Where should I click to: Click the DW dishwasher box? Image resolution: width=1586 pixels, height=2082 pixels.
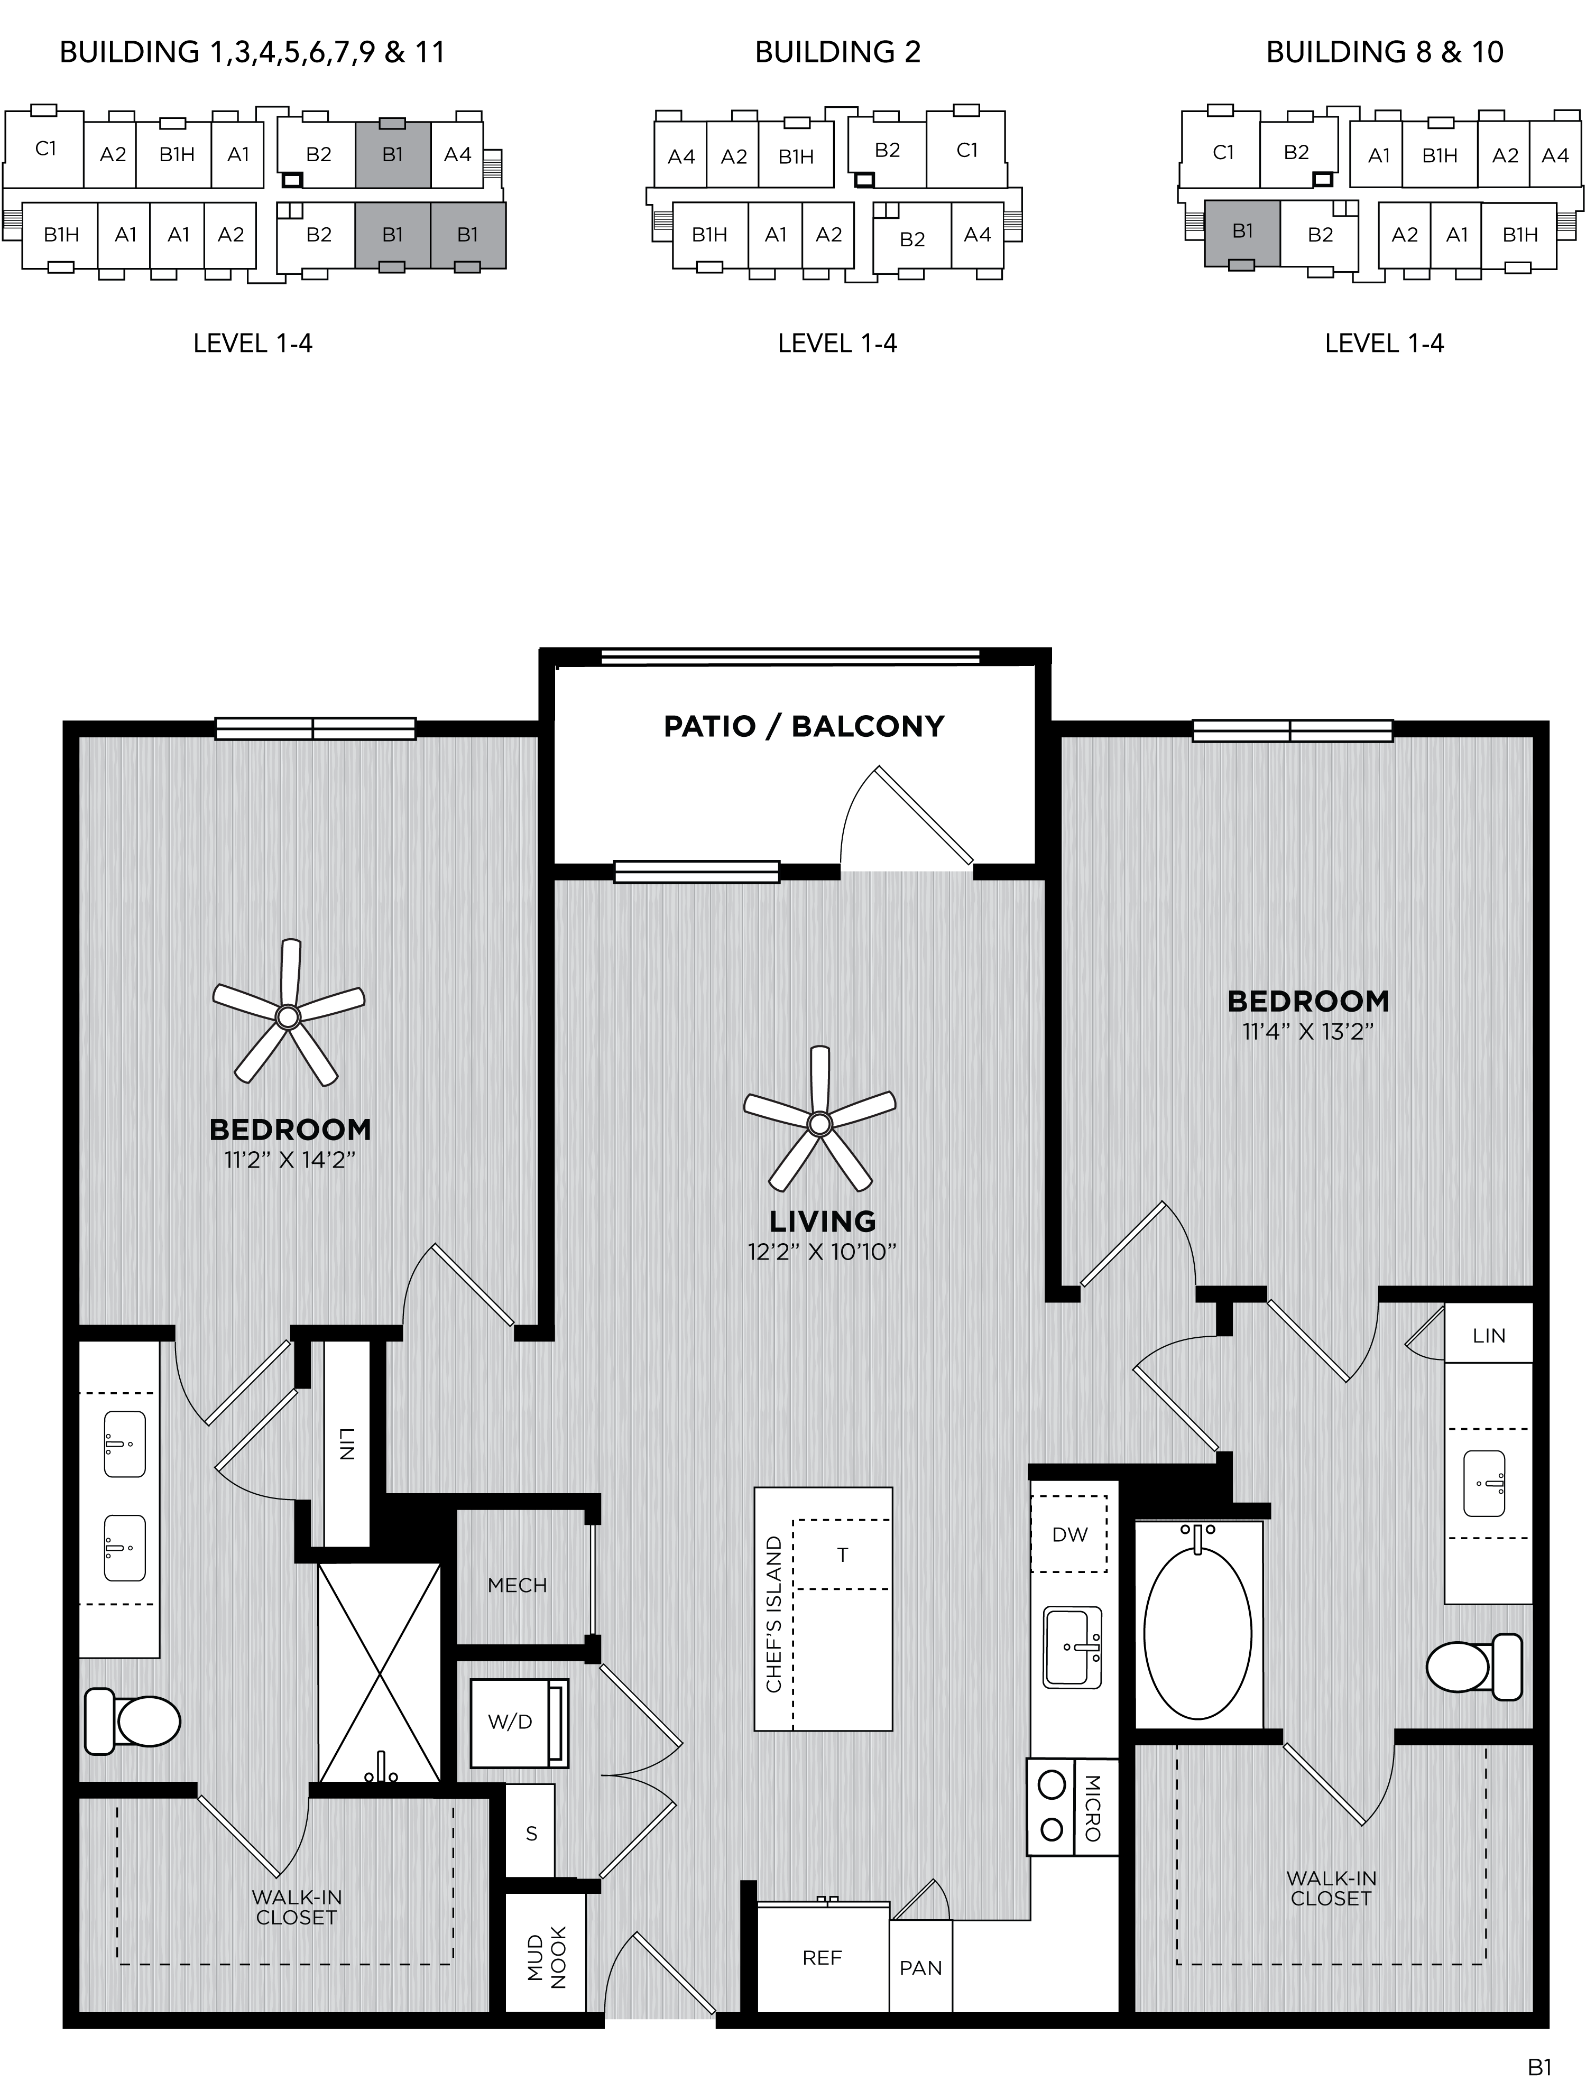[1069, 1534]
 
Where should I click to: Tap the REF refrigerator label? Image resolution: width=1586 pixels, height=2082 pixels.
[822, 1958]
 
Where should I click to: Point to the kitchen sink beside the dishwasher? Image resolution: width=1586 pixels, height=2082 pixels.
[1073, 1648]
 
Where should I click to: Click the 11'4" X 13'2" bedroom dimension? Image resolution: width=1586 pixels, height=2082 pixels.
[1307, 1032]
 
